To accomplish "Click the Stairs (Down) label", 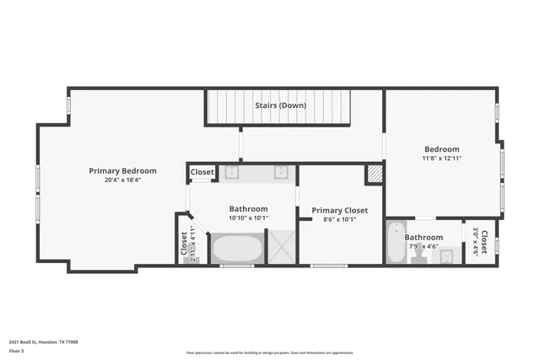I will pos(280,105).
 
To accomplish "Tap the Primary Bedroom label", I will pos(122,170).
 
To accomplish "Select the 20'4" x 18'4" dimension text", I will pos(122,180).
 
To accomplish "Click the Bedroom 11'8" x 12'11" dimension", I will pos(441,158).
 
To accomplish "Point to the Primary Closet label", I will pos(339,210).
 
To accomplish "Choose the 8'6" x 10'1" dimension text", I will pos(339,219).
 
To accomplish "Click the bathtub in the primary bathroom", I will pos(237,249).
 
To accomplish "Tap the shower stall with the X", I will pos(283,249).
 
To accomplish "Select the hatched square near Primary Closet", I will pos(374,174).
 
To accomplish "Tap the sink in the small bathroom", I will pos(447,255).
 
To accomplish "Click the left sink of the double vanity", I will pos(231,172).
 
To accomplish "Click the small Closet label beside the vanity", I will pos(202,172).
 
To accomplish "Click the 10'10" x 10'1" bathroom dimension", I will pos(248,218).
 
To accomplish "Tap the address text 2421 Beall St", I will pos(44,341).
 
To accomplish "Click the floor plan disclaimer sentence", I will pos(282,352).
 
